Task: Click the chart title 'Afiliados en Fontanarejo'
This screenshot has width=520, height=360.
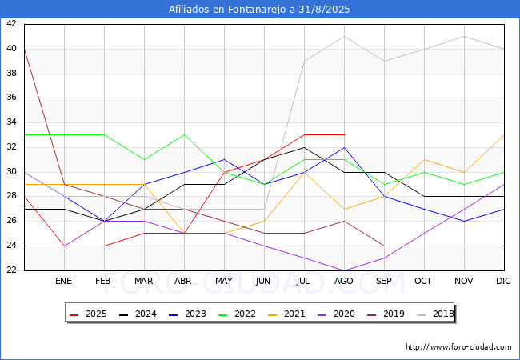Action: [x=259, y=10]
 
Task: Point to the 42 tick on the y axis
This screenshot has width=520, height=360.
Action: [x=11, y=24]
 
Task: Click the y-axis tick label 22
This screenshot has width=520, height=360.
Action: [x=11, y=270]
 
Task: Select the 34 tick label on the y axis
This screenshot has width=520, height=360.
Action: [x=11, y=122]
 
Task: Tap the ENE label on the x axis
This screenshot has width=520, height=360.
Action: [x=63, y=282]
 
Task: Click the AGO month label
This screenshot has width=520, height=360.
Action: [x=344, y=282]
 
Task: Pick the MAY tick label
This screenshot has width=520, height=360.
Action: [x=224, y=282]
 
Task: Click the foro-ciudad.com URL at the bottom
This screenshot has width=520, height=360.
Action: [x=458, y=347]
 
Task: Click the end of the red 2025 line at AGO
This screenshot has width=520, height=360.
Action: [x=344, y=135]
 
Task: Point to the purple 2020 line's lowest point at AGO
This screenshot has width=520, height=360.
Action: [x=344, y=270]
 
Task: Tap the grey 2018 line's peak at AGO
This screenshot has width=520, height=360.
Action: [x=344, y=36]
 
